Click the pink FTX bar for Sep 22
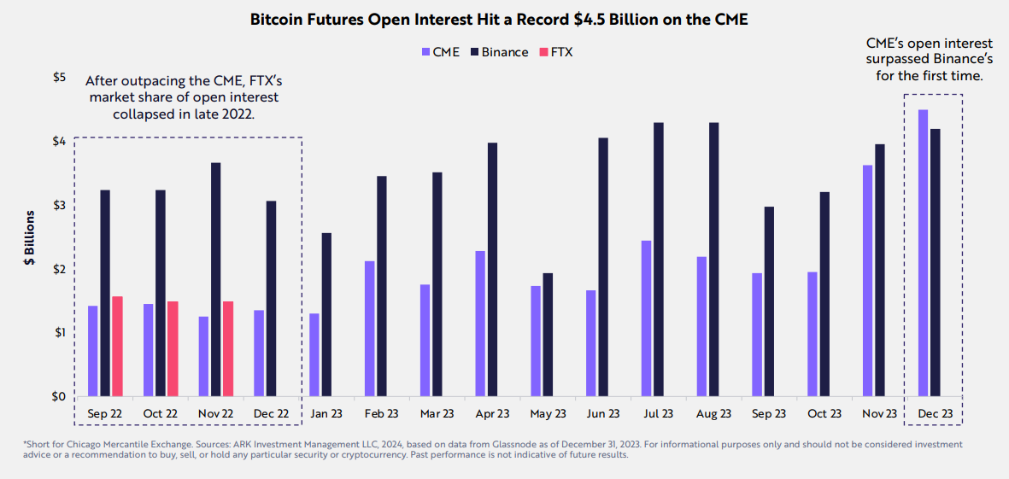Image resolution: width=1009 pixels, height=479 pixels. [117, 346]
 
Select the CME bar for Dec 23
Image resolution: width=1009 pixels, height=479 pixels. [923, 253]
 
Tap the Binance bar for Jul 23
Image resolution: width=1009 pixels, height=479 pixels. [659, 260]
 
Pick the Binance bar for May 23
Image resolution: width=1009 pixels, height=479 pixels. [548, 335]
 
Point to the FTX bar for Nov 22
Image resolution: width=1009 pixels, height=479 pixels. [228, 348]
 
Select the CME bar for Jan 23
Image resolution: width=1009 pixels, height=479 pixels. [314, 354]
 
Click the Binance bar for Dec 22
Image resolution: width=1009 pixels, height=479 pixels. [271, 298]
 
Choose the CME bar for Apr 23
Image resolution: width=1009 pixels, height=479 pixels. [480, 324]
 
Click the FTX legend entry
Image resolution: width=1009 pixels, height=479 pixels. [554, 52]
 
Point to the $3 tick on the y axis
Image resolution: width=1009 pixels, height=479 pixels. [59, 206]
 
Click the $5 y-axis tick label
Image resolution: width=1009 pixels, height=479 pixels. [59, 78]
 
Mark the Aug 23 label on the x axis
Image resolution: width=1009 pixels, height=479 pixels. [714, 414]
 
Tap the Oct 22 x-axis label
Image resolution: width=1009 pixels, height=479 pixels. [160, 414]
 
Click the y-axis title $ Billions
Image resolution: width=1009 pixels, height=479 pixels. [29, 240]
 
